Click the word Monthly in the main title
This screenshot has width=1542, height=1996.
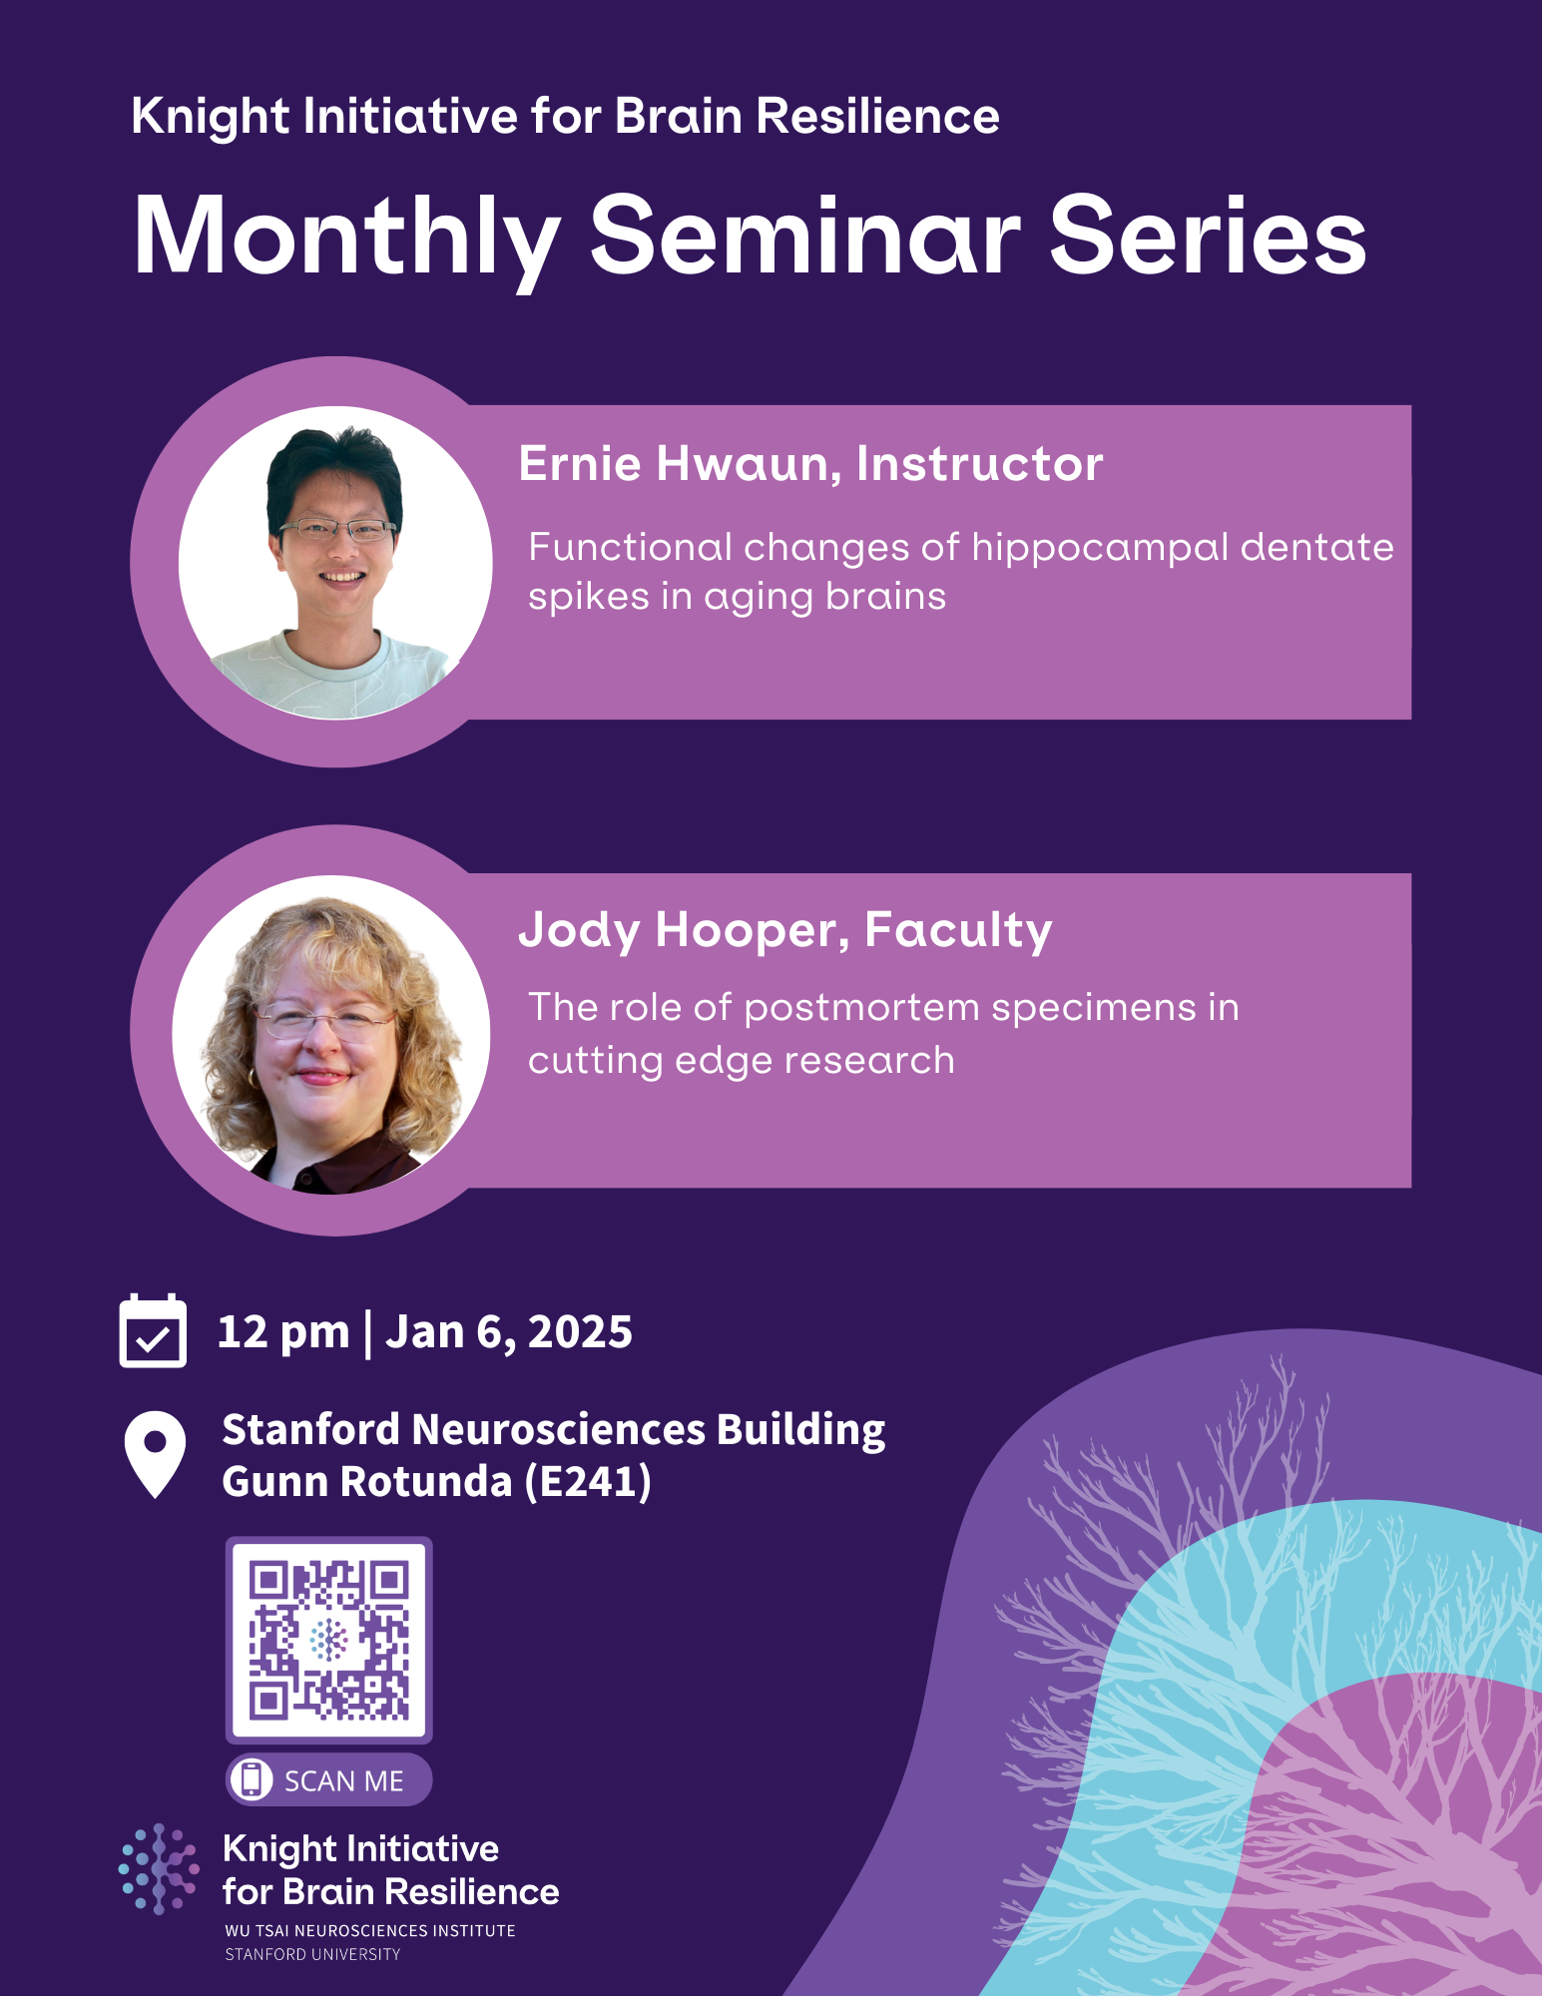[x=345, y=238]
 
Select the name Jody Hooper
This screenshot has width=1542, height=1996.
[x=679, y=930]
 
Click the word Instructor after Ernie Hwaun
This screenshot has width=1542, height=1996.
[x=979, y=464]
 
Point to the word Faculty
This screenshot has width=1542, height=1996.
[x=958, y=930]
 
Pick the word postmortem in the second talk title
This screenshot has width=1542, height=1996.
[x=861, y=1008]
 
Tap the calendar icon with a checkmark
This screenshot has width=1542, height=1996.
[x=153, y=1331]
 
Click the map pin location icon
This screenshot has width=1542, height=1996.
[x=155, y=1453]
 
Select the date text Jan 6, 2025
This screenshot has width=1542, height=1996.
[x=509, y=1332]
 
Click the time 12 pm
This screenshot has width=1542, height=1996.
[x=283, y=1332]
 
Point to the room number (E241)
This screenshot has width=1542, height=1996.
[x=588, y=1482]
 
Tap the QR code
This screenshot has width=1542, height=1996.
[x=328, y=1640]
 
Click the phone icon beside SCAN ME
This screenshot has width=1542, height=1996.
[x=252, y=1778]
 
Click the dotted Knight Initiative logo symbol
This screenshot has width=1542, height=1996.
[x=159, y=1868]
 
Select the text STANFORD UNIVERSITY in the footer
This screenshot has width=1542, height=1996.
[x=312, y=1954]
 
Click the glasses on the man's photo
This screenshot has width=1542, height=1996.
[x=337, y=530]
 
